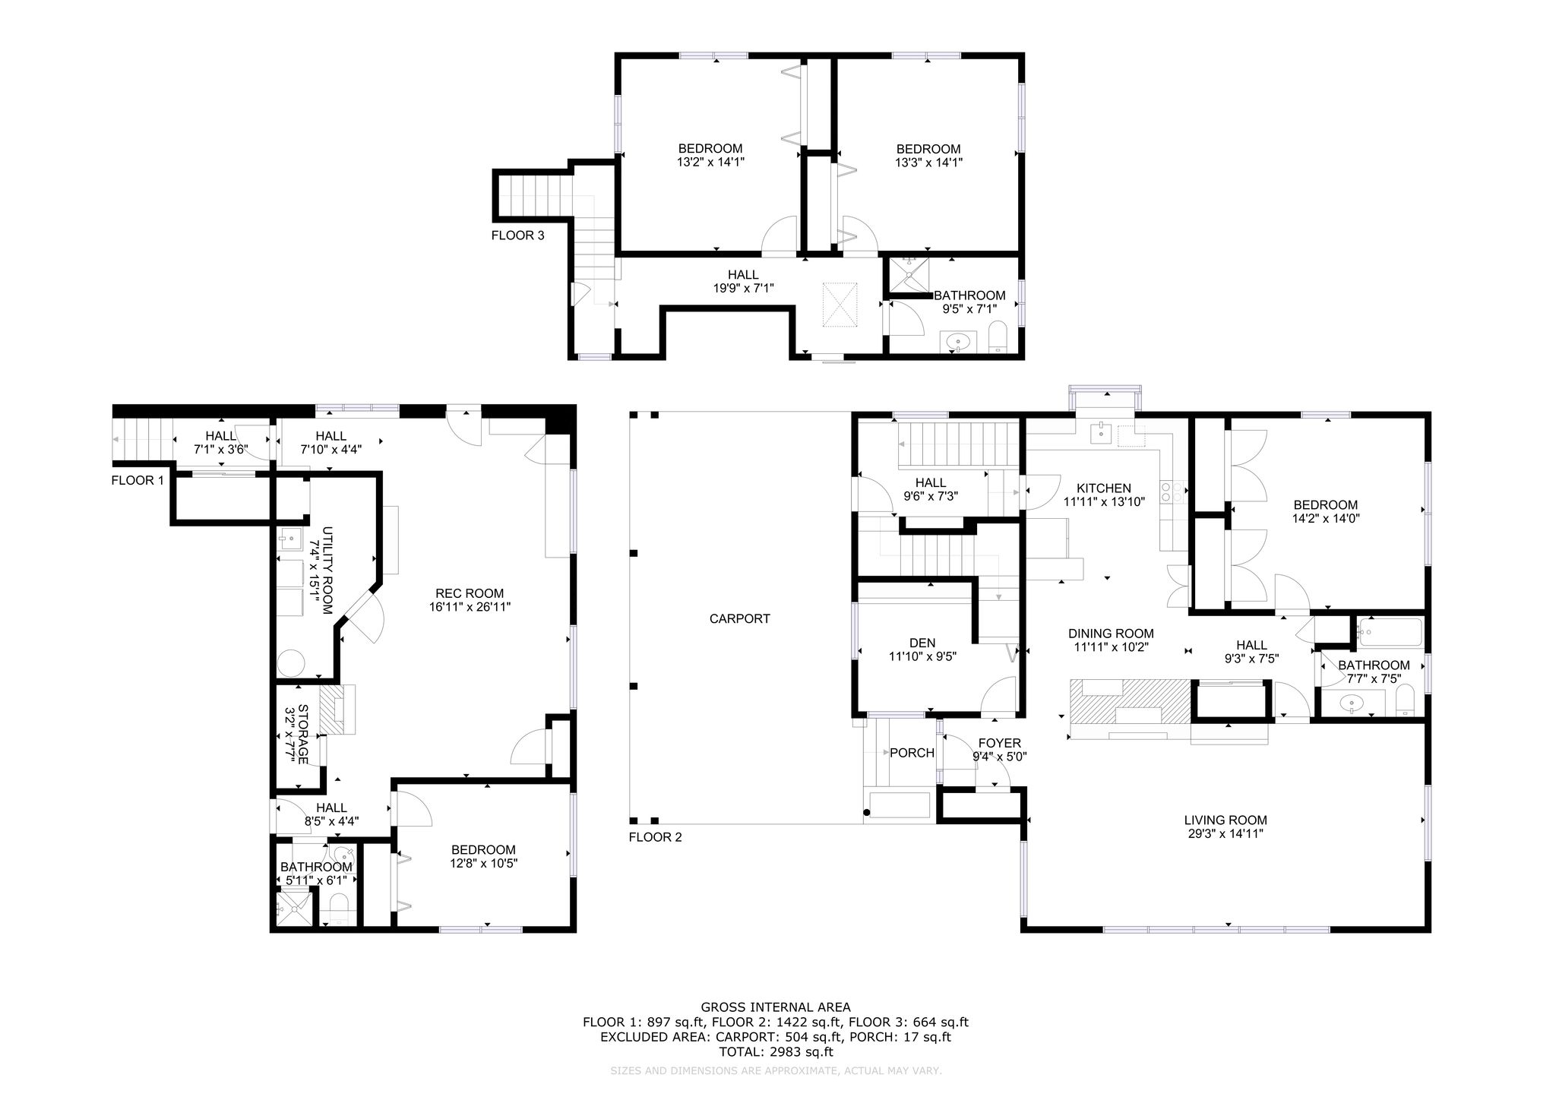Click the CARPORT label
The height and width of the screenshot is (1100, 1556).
739,618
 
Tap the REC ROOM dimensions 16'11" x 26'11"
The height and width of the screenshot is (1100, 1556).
470,607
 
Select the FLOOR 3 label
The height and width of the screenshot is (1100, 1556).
517,235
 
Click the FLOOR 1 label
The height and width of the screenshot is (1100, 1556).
138,480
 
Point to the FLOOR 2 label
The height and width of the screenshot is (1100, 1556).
655,837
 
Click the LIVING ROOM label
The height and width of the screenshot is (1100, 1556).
1226,820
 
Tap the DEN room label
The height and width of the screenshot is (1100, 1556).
922,643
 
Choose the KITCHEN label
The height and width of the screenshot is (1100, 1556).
1104,488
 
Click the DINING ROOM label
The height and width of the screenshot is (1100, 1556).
1111,634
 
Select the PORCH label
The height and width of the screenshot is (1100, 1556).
912,753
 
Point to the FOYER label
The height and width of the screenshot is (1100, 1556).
999,743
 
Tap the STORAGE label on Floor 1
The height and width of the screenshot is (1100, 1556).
302,735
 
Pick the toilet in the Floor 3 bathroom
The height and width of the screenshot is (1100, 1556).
998,338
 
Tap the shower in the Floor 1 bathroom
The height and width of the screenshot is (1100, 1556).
293,907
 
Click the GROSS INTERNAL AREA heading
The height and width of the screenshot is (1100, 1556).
775,1008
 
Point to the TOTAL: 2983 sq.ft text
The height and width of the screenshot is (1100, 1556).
776,1052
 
